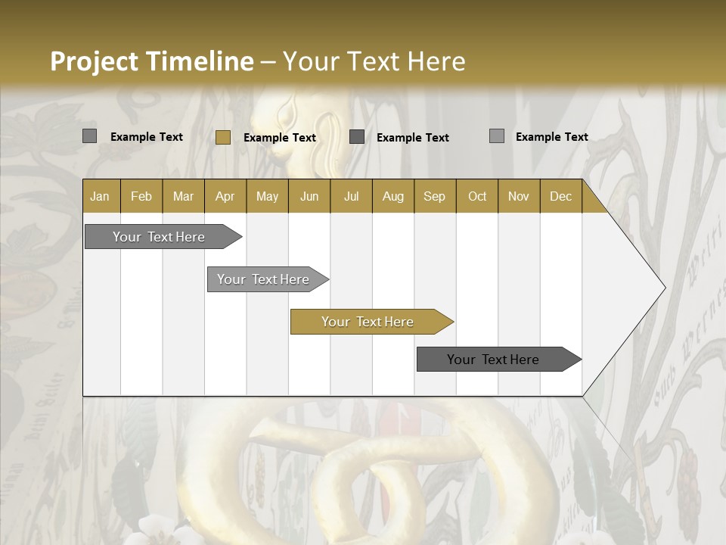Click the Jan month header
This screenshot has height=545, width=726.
pyautogui.click(x=101, y=197)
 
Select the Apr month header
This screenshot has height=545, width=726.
pyautogui.click(x=225, y=197)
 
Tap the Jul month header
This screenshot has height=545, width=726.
pyautogui.click(x=351, y=197)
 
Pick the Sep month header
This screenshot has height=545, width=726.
pyautogui.click(x=434, y=197)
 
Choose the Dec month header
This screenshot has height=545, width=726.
pyautogui.click(x=560, y=197)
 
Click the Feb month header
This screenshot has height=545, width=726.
pyautogui.click(x=141, y=197)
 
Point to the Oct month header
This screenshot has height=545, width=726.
pyautogui.click(x=477, y=197)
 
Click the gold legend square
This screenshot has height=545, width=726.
pyautogui.click(x=222, y=137)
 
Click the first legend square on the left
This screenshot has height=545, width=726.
pyautogui.click(x=89, y=136)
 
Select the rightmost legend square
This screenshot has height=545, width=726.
pyautogui.click(x=496, y=136)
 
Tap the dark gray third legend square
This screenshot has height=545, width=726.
pyautogui.click(x=357, y=137)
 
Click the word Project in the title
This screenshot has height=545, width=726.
pyautogui.click(x=95, y=61)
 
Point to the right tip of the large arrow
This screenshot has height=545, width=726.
pyautogui.click(x=664, y=288)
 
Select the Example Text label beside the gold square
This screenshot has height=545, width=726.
pyautogui.click(x=280, y=138)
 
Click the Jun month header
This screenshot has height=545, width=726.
pyautogui.click(x=309, y=197)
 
